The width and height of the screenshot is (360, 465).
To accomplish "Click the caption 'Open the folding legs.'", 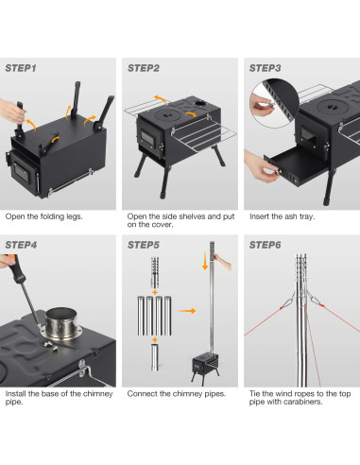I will point(43,216).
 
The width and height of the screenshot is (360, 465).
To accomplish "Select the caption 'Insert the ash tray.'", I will point(283,216).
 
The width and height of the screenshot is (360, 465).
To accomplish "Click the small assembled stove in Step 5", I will point(206,364).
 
